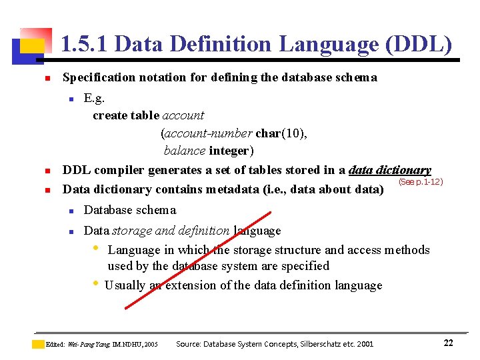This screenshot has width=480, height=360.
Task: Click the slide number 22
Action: [448, 343]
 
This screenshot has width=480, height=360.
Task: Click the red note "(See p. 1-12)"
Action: [420, 181]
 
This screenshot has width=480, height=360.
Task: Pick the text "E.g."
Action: [94, 99]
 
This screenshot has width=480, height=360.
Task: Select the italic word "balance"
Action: [185, 151]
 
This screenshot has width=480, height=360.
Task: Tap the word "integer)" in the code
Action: [231, 151]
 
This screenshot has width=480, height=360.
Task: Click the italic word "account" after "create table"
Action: [183, 115]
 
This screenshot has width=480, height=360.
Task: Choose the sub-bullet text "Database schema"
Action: [130, 210]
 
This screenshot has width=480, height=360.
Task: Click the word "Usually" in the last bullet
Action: [125, 285]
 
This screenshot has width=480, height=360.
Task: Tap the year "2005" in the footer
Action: [151, 345]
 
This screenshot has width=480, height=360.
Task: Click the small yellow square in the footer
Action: [39, 344]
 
